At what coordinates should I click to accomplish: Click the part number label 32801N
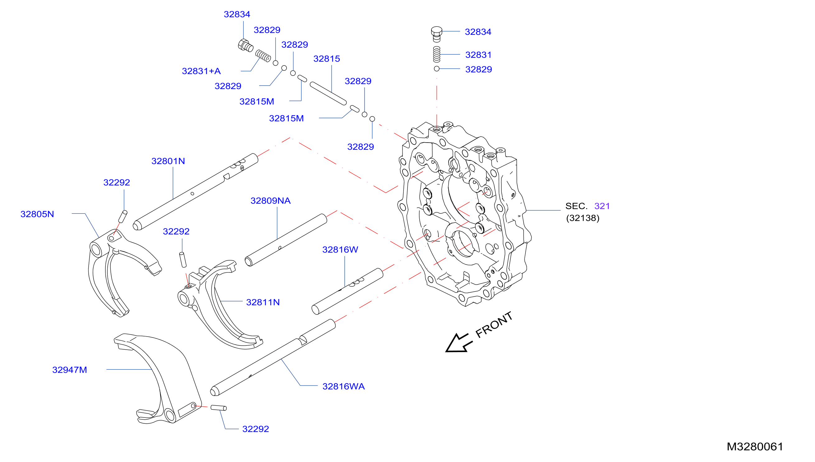pos(168,161)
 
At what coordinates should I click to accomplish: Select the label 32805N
pos(37,214)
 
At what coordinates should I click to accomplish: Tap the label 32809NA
pos(270,201)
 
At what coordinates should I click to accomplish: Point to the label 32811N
pos(263,302)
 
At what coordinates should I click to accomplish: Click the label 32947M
pos(69,370)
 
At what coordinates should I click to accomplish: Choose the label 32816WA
pos(343,386)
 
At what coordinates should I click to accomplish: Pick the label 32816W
pos(340,250)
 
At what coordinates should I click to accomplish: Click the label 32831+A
pos(201,71)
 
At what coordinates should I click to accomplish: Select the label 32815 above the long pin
pos(327,59)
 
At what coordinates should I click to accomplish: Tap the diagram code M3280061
pos(755,447)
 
